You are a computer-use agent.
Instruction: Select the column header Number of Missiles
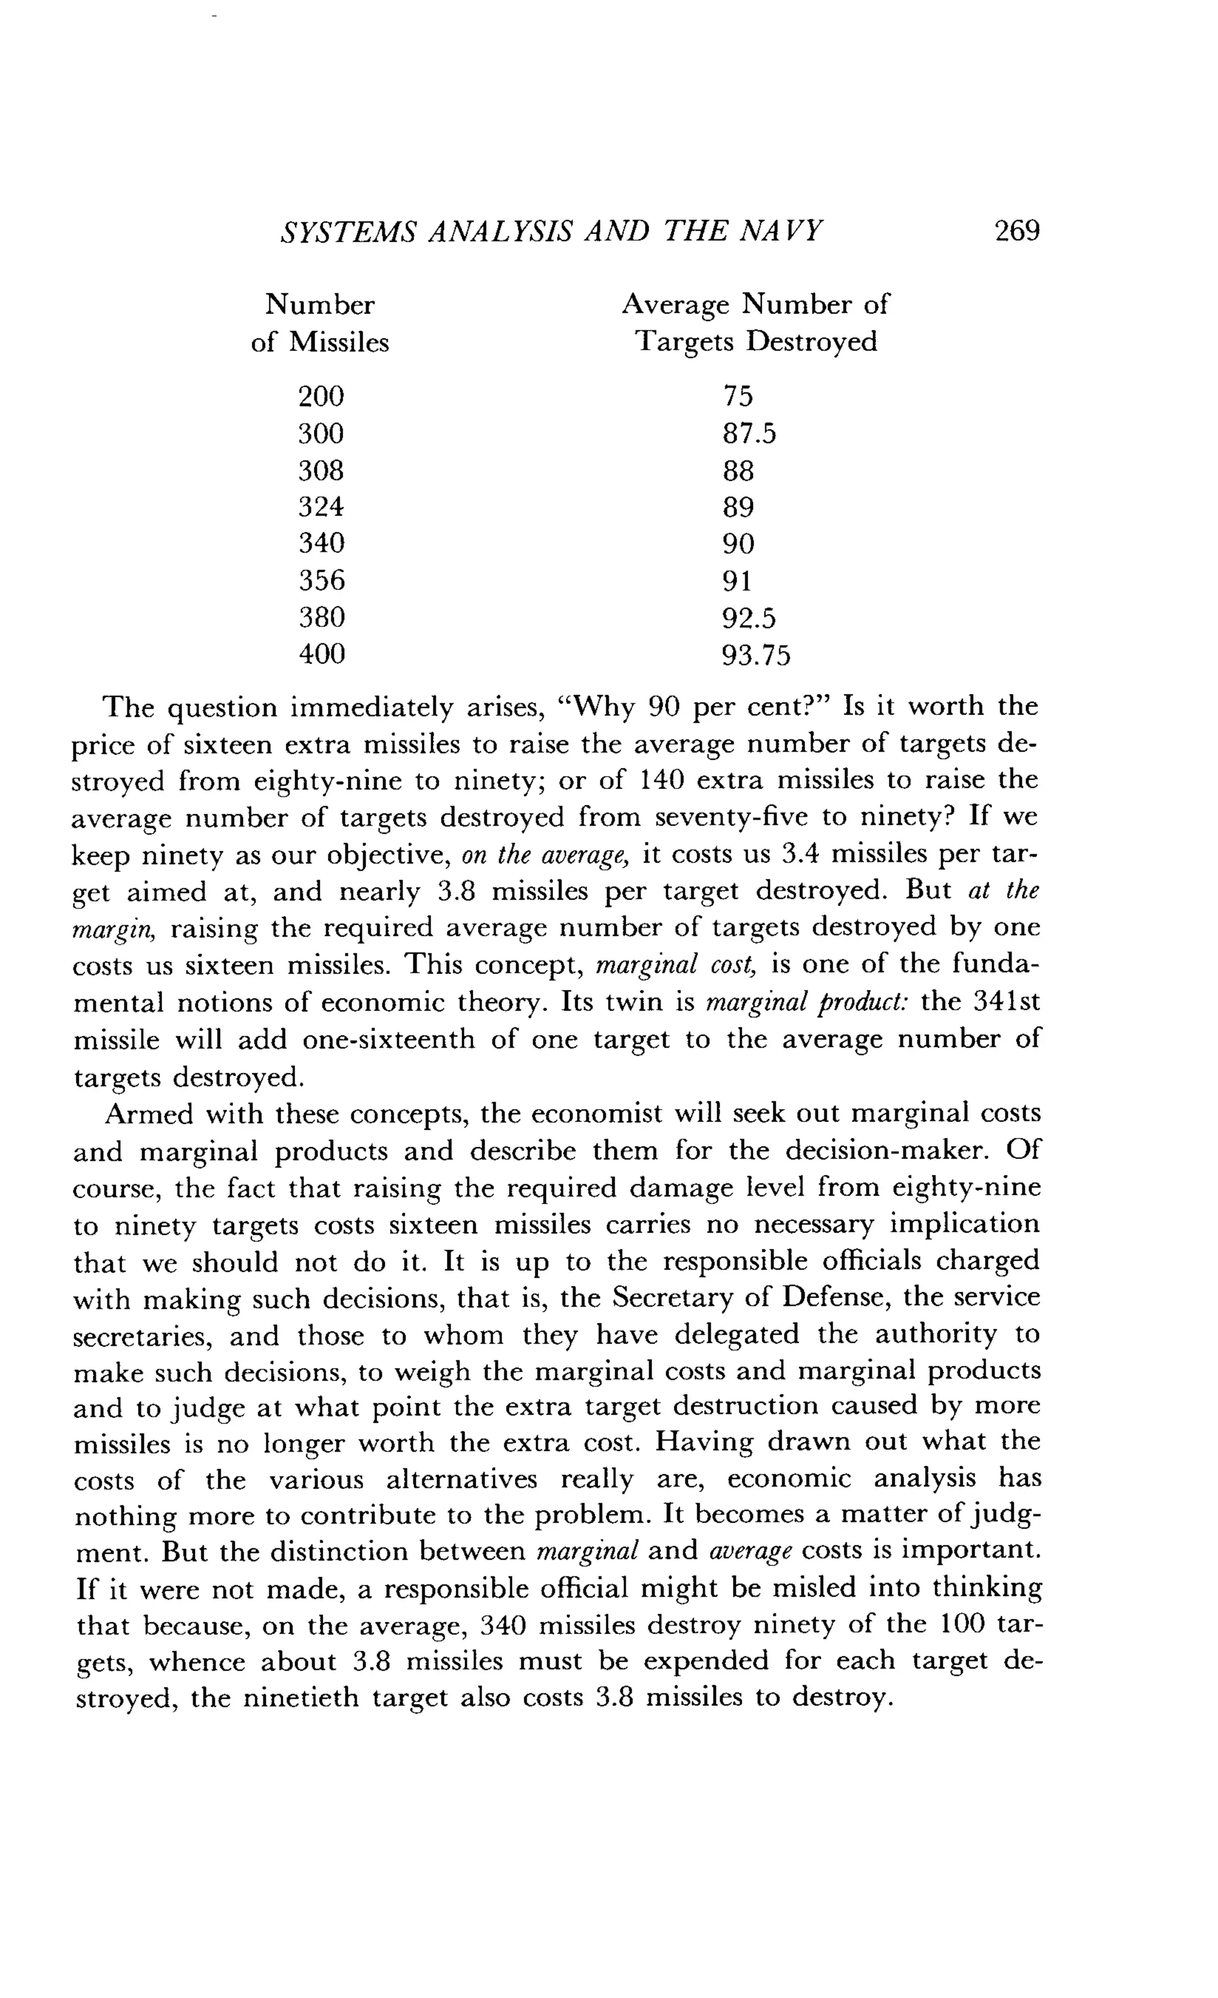click(321, 323)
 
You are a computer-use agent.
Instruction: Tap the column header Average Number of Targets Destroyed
click(755, 323)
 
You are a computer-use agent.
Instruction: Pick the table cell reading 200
click(321, 397)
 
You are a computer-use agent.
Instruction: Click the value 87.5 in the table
click(749, 434)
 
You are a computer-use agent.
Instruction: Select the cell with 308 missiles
click(321, 470)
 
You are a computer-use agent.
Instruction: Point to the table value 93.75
click(755, 655)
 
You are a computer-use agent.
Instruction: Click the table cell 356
click(321, 580)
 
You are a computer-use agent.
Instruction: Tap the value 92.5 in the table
click(749, 618)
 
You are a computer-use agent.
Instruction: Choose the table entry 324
click(321, 507)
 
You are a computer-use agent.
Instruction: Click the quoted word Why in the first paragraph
click(602, 707)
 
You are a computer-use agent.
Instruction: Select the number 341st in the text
click(1006, 1001)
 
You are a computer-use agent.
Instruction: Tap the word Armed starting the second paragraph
click(149, 1114)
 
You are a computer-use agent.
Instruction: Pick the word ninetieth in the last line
click(306, 1698)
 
